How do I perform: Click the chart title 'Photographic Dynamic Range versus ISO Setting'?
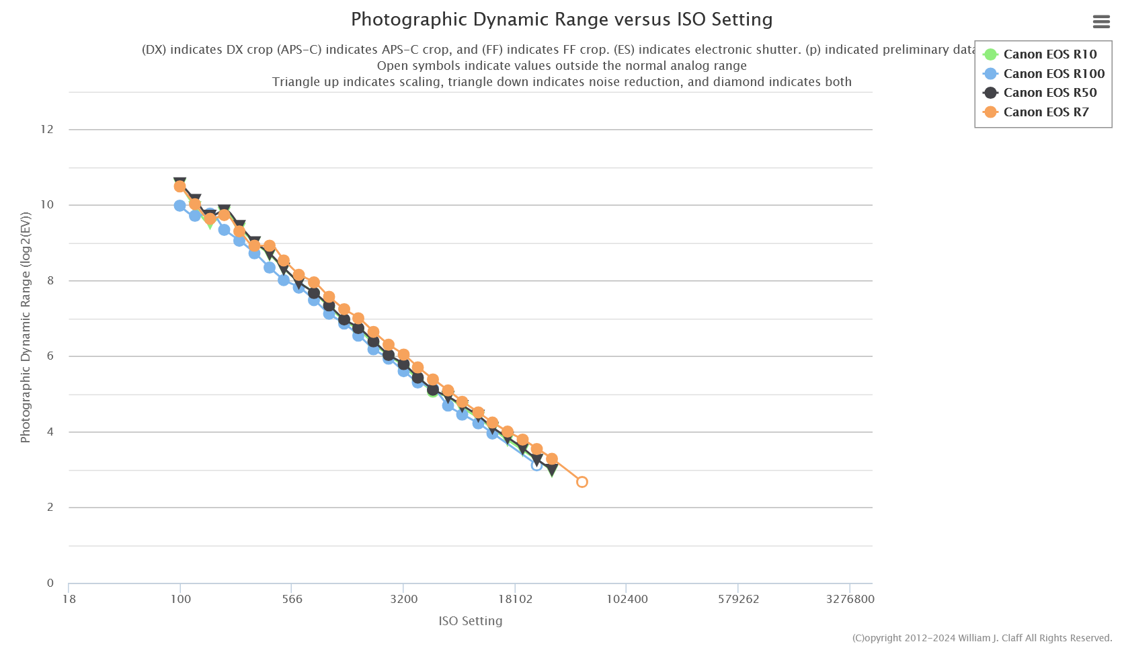pyautogui.click(x=561, y=19)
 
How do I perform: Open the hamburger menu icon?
pyautogui.click(x=1101, y=22)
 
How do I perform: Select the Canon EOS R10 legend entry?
pyautogui.click(x=1049, y=54)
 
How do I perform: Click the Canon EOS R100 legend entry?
pyautogui.click(x=1053, y=74)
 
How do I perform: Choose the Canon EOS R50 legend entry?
pyautogui.click(x=1049, y=93)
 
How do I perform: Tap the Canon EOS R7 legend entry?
pyautogui.click(x=1045, y=112)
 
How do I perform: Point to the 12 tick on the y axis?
pyautogui.click(x=47, y=129)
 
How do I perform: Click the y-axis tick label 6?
pyautogui.click(x=50, y=356)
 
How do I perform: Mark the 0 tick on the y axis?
pyautogui.click(x=50, y=583)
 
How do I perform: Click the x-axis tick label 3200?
pyautogui.click(x=403, y=599)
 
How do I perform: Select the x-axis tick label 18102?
pyautogui.click(x=515, y=599)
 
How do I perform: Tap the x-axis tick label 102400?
pyautogui.click(x=627, y=599)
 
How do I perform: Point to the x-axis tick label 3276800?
pyautogui.click(x=850, y=599)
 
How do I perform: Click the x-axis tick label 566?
pyautogui.click(x=292, y=599)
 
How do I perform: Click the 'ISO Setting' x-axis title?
pyautogui.click(x=470, y=621)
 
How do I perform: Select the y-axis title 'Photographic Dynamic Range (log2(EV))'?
pyautogui.click(x=26, y=327)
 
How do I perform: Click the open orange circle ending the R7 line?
pyautogui.click(x=582, y=482)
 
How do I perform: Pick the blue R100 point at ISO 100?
pyautogui.click(x=179, y=206)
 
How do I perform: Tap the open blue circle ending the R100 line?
pyautogui.click(x=536, y=465)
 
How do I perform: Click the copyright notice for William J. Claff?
pyautogui.click(x=981, y=638)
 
